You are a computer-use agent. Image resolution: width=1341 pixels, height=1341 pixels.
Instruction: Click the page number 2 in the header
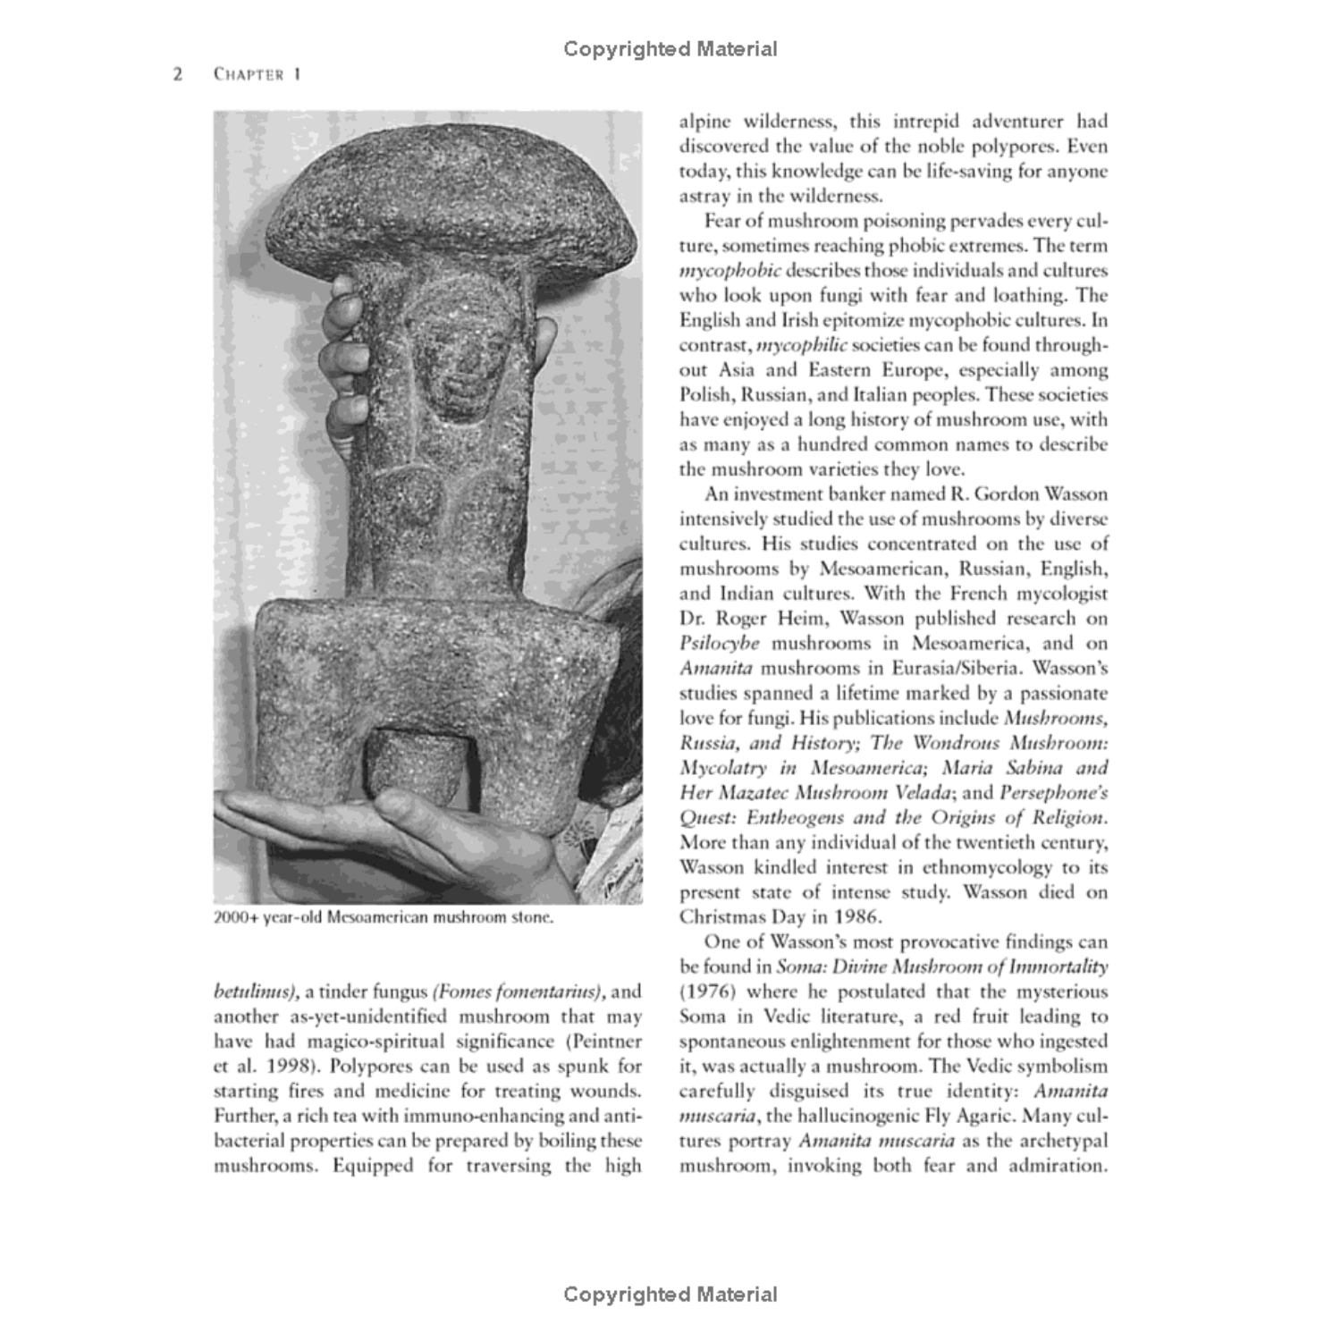click(178, 74)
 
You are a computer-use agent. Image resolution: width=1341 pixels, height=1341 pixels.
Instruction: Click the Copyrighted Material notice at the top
click(670, 49)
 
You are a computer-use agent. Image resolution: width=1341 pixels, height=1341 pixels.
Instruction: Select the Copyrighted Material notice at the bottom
click(670, 1294)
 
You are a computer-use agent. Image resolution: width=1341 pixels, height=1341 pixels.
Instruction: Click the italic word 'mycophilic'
click(801, 345)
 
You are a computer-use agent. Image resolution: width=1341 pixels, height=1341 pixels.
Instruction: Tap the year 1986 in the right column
click(857, 917)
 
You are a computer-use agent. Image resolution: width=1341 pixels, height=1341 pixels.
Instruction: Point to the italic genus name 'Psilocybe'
click(720, 644)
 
